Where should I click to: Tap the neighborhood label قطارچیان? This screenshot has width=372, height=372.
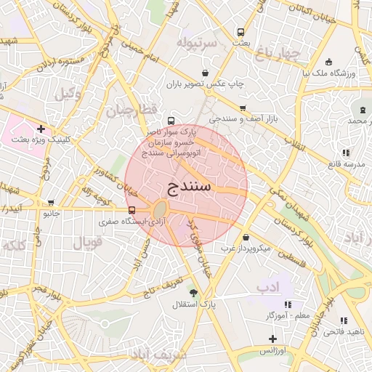[132, 111]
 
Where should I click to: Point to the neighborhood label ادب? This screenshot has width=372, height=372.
[267, 288]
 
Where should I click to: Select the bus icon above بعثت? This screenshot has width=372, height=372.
[240, 33]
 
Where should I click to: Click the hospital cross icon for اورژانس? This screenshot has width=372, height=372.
[272, 339]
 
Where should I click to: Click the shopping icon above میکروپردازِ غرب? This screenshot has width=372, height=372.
[246, 237]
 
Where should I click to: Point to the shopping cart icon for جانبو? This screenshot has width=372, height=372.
[50, 203]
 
